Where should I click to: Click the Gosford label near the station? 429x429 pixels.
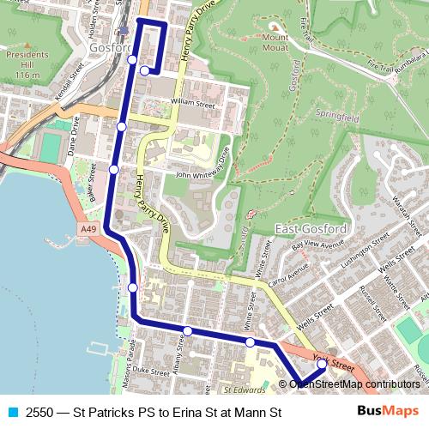point(109,49)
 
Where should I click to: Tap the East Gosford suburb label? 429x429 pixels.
point(311,229)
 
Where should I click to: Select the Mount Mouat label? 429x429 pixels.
point(276,43)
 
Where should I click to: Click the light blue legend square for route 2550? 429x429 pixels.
point(12,413)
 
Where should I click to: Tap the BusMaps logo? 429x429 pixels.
point(388,412)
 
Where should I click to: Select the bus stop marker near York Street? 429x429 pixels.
point(322,364)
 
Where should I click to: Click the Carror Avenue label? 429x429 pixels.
point(287,275)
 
